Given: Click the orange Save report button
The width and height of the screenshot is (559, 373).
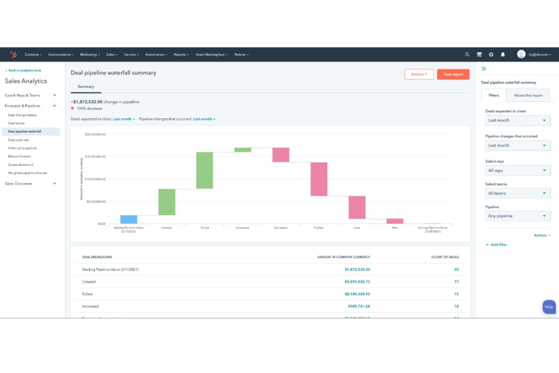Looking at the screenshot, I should [x=453, y=74].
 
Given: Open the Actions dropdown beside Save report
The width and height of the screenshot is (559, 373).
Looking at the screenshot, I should [x=419, y=74].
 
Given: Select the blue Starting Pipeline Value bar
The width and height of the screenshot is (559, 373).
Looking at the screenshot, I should [x=128, y=219].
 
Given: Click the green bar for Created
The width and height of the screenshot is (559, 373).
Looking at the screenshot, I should [x=167, y=202].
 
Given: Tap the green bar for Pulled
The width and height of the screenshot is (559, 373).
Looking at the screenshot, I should [x=204, y=170].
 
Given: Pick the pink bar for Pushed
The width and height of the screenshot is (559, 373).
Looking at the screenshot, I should [x=319, y=179].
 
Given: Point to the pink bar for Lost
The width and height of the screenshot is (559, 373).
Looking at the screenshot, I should [x=357, y=207].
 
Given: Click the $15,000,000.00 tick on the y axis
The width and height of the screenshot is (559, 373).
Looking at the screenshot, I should [x=95, y=156].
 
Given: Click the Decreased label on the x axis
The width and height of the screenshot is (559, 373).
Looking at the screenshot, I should [x=281, y=228].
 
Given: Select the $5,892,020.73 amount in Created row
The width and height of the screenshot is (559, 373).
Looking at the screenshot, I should [x=357, y=282].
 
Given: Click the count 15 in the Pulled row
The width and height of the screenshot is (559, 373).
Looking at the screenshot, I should [x=456, y=294].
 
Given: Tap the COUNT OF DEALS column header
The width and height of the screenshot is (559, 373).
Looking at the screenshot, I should [x=445, y=257].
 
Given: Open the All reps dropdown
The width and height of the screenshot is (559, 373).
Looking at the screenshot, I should [x=517, y=170].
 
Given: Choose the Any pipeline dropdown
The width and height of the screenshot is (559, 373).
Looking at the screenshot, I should [x=517, y=216].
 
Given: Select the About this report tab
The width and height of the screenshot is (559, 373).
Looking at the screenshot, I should [x=528, y=96].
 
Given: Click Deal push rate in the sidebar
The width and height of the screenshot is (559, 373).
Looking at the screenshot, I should [x=19, y=140].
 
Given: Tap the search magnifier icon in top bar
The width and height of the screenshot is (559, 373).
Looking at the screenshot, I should [x=467, y=54].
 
